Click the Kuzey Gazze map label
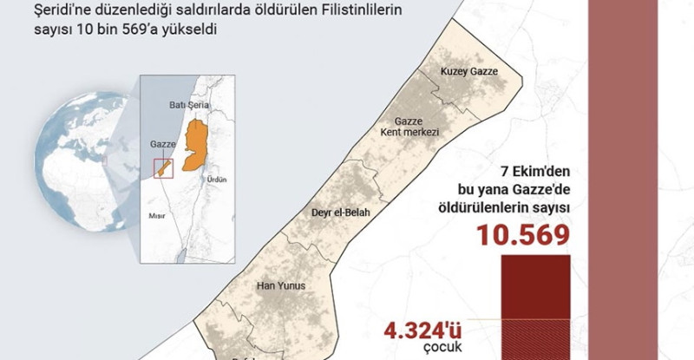point(469,71)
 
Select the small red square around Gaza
point(163,168)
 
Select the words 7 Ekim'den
point(533,171)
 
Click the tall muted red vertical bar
point(620,173)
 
